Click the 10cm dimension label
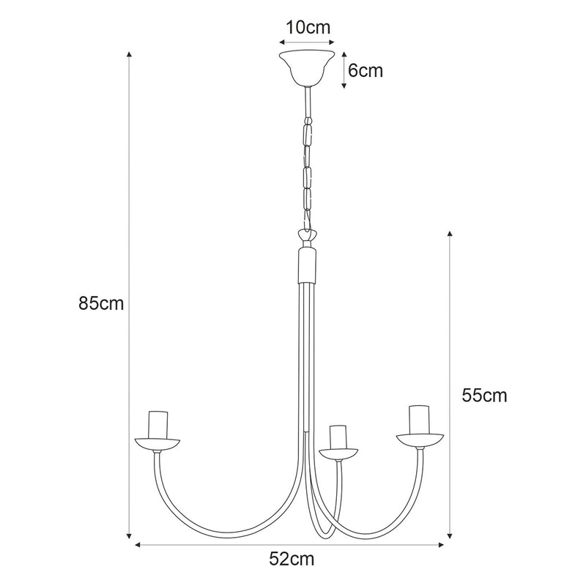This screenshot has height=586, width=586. point(308,28)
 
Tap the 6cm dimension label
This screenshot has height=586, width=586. point(365,71)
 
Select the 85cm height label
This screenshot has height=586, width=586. point(102,303)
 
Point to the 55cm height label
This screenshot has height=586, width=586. point(484,396)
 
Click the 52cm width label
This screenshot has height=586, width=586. point(292,560)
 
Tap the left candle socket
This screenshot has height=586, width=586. point(157,424)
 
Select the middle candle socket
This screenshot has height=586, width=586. point(338,437)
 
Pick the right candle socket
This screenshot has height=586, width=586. point(419,420)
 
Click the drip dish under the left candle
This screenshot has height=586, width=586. point(157,444)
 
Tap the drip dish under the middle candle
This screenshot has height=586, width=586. point(338,452)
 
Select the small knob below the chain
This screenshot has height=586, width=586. point(308,236)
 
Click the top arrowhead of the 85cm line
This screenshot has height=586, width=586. point(130,56)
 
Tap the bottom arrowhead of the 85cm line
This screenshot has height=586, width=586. point(130,535)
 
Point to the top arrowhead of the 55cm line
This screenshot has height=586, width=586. point(450,234)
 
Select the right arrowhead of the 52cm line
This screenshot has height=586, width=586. point(442,544)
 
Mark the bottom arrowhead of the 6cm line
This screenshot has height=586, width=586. point(344,87)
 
